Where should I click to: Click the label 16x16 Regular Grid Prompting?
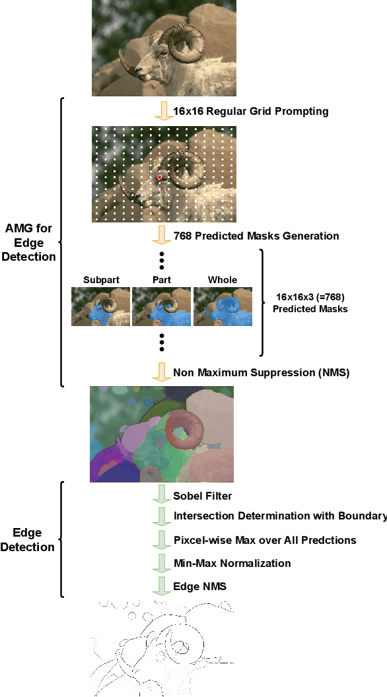click(x=250, y=111)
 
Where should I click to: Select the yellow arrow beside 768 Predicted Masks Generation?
click(x=161, y=235)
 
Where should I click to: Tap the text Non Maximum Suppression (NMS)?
click(x=261, y=372)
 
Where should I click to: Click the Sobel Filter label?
click(x=202, y=496)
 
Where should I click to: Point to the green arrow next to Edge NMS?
click(x=161, y=585)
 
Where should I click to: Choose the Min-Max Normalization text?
click(x=232, y=563)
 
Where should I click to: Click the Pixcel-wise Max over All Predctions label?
click(x=264, y=540)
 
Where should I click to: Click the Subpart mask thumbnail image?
click(x=101, y=307)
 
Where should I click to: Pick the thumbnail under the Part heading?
click(x=162, y=307)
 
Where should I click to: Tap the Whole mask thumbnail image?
click(x=223, y=307)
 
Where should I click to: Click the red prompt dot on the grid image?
click(x=160, y=177)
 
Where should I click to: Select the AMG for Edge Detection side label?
click(x=28, y=242)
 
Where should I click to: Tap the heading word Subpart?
click(x=101, y=280)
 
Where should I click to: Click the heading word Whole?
click(x=223, y=280)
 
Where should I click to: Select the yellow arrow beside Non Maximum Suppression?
click(x=161, y=372)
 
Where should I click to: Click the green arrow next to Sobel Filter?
click(x=161, y=495)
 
